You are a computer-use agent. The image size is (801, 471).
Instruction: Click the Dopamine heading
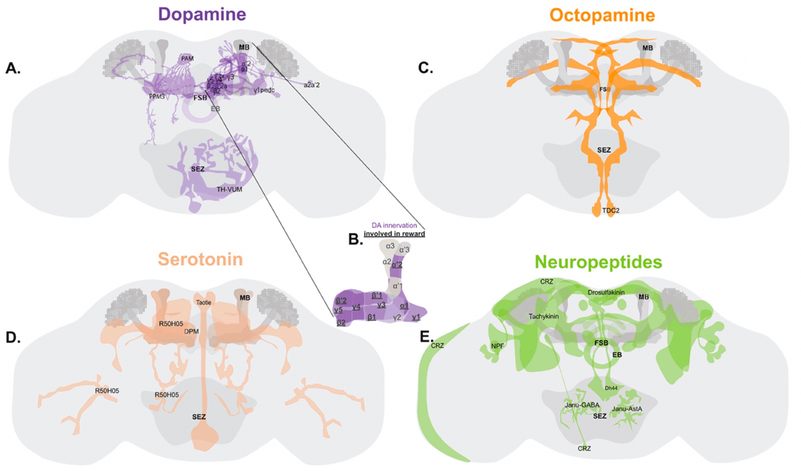(202, 14)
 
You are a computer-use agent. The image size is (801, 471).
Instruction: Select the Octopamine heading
(602, 16)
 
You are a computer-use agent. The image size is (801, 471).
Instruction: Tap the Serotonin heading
(200, 259)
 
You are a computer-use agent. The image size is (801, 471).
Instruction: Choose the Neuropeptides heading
(598, 262)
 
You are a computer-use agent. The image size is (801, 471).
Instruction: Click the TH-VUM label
(229, 190)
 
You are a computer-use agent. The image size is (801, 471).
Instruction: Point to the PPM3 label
(157, 96)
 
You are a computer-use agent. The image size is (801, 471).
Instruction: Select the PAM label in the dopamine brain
(187, 59)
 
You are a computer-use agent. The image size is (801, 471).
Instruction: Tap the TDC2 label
(611, 210)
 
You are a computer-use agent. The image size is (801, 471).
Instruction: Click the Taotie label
(203, 303)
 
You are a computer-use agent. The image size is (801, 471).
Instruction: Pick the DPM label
(191, 331)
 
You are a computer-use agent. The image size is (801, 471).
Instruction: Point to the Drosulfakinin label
(606, 293)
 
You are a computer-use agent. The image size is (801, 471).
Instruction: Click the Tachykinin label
(543, 317)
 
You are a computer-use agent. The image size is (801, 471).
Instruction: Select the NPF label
(497, 346)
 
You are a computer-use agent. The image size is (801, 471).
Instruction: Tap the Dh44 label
(611, 388)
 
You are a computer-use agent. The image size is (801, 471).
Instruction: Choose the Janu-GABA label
(582, 405)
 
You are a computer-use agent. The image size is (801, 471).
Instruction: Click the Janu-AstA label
(627, 409)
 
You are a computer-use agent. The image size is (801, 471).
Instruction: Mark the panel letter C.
(425, 68)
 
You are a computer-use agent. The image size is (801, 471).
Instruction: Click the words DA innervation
(394, 226)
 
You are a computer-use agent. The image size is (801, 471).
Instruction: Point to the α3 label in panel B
(390, 246)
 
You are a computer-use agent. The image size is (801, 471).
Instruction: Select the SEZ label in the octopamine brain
(604, 150)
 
